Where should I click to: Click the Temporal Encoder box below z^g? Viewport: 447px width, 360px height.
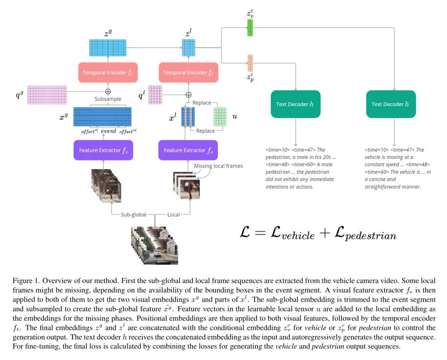tap(108, 72)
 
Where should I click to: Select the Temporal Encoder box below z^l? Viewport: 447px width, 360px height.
tap(188, 72)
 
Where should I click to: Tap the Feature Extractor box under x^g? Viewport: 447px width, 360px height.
tap(103, 150)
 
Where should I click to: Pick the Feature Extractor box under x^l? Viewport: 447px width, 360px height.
tap(188, 150)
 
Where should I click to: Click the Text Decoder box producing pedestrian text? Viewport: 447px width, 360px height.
tap(296, 104)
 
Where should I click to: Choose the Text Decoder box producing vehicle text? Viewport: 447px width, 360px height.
tap(391, 104)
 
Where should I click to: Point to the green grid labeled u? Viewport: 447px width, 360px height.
tap(220, 116)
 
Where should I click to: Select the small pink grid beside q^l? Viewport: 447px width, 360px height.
tap(155, 95)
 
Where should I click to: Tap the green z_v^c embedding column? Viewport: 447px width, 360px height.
tap(250, 28)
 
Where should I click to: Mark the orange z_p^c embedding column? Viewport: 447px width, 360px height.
tap(250, 63)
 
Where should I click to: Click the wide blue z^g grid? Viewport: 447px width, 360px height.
tap(108, 47)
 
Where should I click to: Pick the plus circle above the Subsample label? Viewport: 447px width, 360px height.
tap(108, 91)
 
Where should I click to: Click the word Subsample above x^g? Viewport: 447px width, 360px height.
tap(108, 99)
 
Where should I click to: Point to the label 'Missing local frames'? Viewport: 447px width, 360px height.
tap(218, 166)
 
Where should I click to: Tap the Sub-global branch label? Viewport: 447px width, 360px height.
tap(133, 215)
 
